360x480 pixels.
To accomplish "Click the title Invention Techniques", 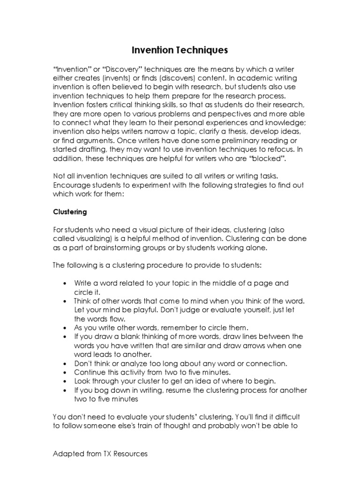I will coord(180,50).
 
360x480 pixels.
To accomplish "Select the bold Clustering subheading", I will coord(70,212).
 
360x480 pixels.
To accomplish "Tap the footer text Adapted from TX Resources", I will coord(100,454).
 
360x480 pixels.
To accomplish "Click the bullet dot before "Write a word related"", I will coord(64,284).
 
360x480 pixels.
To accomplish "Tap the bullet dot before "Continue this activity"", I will coord(64,372).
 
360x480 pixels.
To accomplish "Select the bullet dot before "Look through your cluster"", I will coord(64,381).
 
